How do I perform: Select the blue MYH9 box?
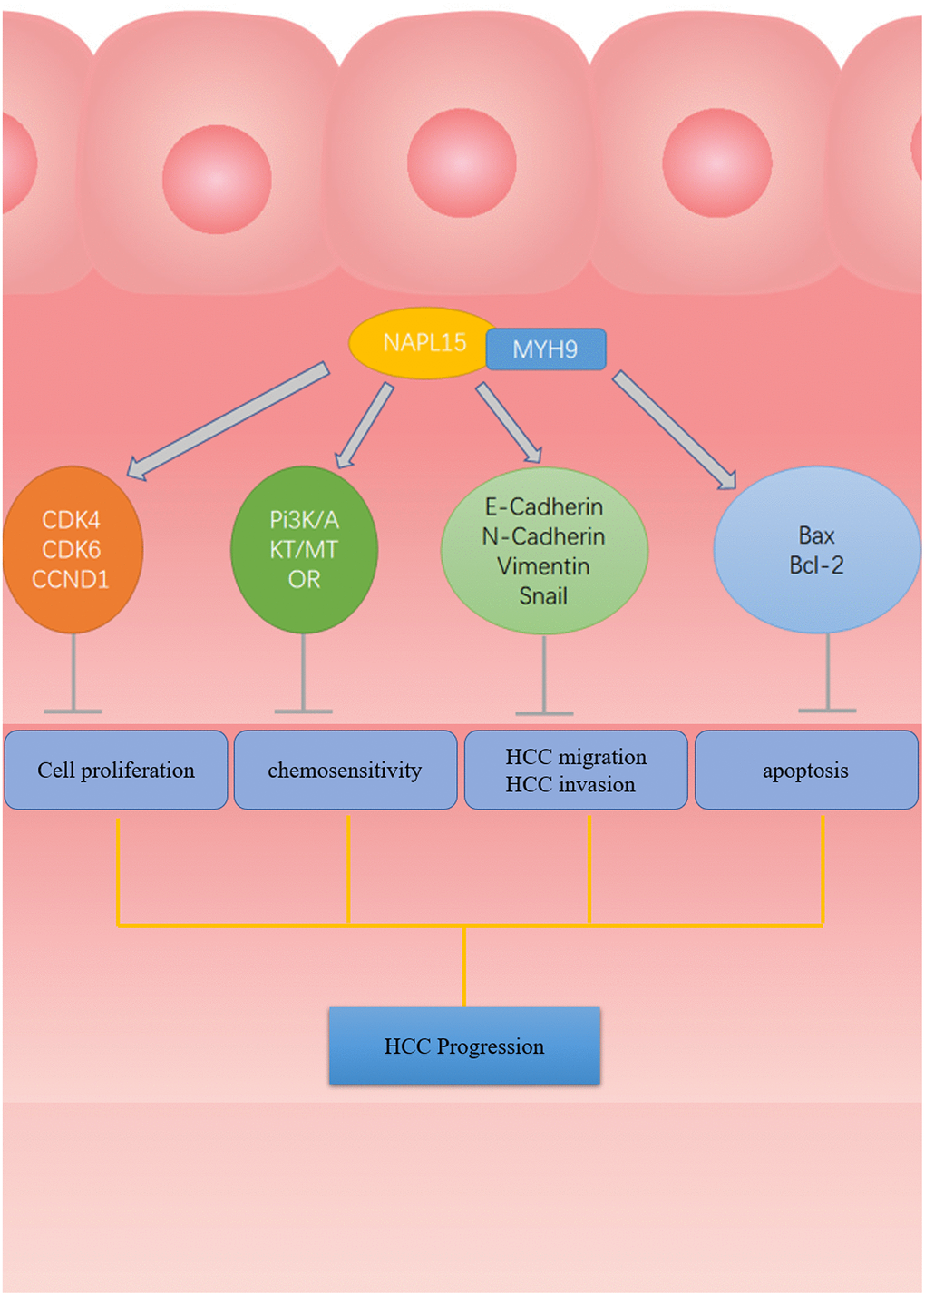[545, 349]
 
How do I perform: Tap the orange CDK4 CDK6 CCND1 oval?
[73, 550]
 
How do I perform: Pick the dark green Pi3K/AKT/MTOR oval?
[304, 550]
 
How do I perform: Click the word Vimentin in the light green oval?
[543, 566]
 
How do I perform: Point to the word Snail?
[543, 596]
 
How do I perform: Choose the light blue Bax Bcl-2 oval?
[816, 550]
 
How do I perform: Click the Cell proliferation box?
[116, 770]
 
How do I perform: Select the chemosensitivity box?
[346, 770]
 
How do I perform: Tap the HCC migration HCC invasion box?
[576, 770]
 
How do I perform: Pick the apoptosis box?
[806, 770]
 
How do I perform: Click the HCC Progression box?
[464, 1046]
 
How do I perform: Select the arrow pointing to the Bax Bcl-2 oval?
[675, 430]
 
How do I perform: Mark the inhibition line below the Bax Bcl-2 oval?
[828, 672]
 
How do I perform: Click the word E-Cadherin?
[543, 506]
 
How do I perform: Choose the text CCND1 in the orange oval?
[71, 579]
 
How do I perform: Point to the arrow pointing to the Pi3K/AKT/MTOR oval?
[365, 425]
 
